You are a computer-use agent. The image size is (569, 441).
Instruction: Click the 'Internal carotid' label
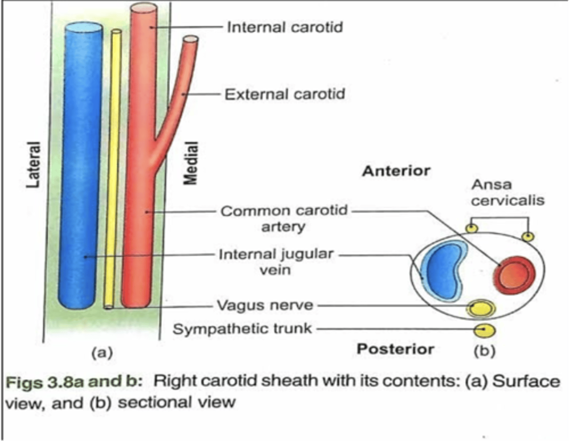[x=284, y=27]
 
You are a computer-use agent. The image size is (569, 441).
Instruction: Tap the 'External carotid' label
[x=284, y=94]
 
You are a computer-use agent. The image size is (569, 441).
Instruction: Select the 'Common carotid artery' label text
[x=284, y=218]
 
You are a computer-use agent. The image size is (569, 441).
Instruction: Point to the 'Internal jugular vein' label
[x=276, y=261]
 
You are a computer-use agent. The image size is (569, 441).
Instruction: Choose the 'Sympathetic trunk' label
[x=242, y=328]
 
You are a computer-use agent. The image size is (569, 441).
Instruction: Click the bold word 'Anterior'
[x=396, y=171]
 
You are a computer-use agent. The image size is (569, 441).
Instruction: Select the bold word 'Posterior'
[x=395, y=349]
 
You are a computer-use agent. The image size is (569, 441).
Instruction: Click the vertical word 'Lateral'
[x=34, y=165]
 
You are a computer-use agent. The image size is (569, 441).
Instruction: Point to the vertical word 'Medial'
[x=190, y=163]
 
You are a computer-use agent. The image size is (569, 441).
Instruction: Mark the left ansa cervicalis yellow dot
[x=471, y=228]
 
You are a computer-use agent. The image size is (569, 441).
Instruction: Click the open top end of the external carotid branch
[x=190, y=39]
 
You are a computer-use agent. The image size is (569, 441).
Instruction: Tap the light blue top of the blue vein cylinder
[x=83, y=27]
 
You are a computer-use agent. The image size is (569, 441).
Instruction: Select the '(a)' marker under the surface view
[x=102, y=351]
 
